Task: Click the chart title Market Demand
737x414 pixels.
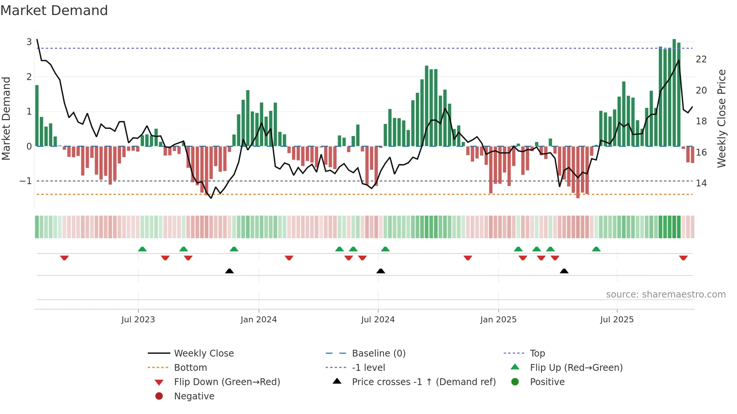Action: point(54,11)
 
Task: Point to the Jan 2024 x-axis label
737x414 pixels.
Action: point(258,320)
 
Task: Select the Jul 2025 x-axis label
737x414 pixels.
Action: point(617,320)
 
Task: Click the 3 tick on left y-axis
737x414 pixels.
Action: point(29,42)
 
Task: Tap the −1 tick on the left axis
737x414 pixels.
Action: point(26,181)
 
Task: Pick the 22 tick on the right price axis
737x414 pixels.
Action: point(701,59)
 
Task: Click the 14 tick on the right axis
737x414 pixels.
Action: point(701,183)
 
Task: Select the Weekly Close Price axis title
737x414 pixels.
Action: point(721,118)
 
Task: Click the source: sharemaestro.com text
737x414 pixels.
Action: point(666,295)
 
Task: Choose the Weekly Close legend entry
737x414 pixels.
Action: point(203,354)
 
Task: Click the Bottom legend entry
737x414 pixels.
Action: point(190,368)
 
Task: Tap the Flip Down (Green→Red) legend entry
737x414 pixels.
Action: point(227,382)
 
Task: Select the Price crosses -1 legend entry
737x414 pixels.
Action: point(423,382)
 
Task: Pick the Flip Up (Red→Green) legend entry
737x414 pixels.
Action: point(576,368)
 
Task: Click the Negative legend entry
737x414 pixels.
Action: point(194,396)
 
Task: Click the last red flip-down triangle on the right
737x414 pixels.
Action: point(683,258)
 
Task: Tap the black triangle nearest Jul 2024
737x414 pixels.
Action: point(381,271)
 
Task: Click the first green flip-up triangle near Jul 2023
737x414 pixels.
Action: point(142,249)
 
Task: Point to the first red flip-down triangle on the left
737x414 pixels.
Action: point(64,258)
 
